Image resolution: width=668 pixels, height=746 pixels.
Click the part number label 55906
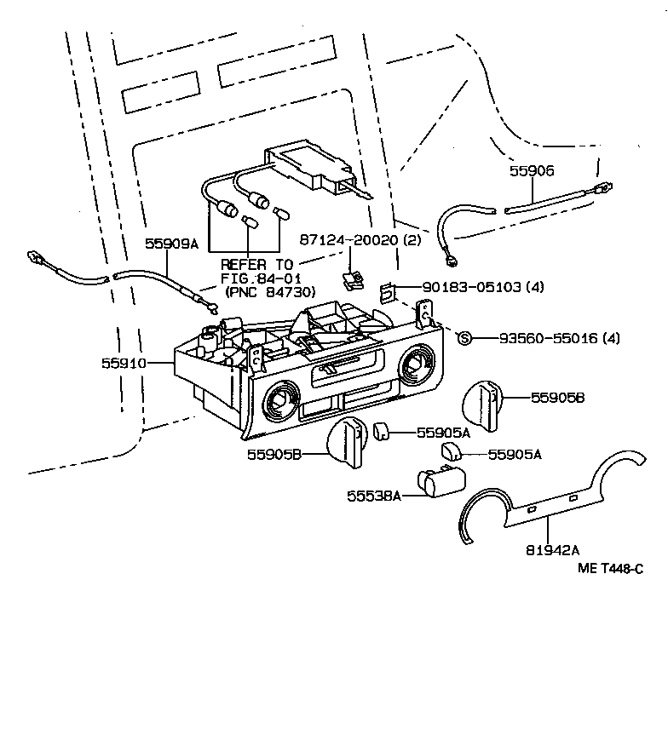[x=532, y=170]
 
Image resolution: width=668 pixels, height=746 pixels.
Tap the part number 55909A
[x=170, y=244]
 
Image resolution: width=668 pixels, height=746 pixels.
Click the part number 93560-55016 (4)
[x=547, y=338]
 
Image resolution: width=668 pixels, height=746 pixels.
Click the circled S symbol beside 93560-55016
[x=464, y=338]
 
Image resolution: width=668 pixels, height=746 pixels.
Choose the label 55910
[x=124, y=363]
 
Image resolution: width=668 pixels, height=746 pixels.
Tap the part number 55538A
[x=373, y=494]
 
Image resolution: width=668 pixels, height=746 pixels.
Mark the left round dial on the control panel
[x=280, y=399]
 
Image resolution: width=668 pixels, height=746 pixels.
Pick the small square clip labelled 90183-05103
[x=386, y=291]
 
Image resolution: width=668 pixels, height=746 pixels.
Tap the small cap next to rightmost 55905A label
[x=452, y=452]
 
